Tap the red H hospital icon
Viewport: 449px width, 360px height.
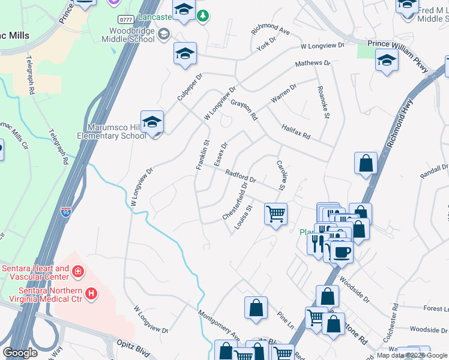coord(91,293)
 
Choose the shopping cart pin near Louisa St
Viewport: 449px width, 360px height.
coord(276,214)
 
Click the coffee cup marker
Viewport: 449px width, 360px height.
coord(342,251)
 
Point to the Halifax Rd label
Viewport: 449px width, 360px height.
coord(295,131)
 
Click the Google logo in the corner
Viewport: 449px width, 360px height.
coord(20,353)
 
